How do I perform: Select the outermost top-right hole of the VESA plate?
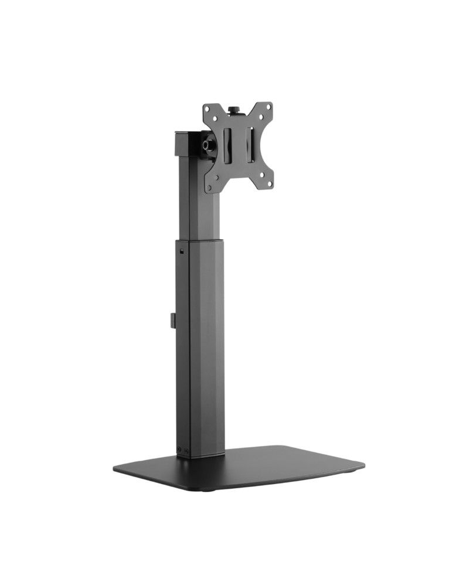pyautogui.click(x=269, y=106)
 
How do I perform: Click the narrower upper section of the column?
pyautogui.click(x=199, y=199)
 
